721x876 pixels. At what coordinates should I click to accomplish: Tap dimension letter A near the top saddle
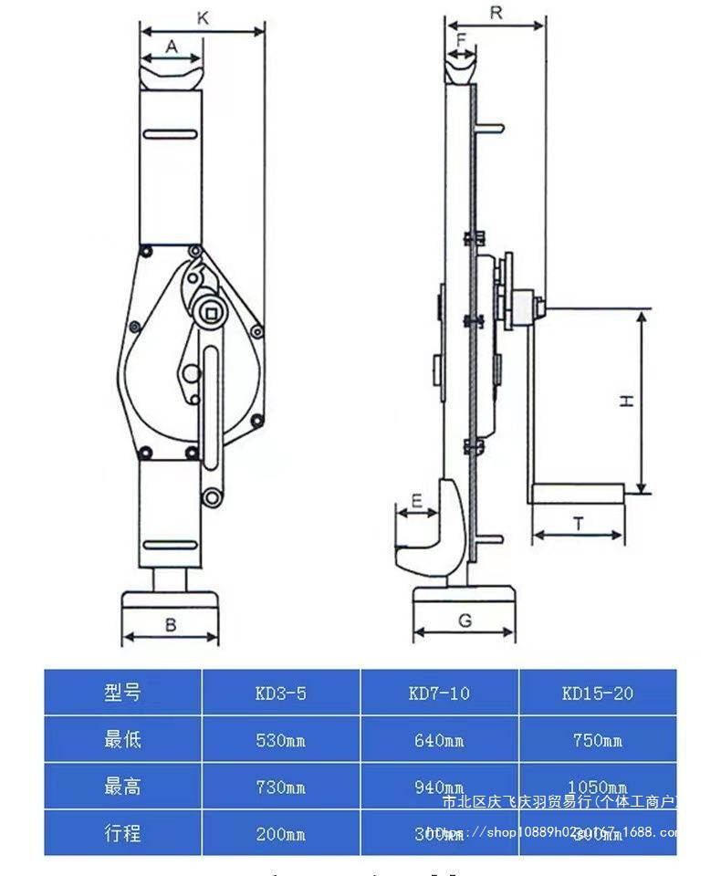171,47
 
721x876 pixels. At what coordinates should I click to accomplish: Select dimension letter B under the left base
171,624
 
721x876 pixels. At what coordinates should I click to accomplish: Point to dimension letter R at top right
496,12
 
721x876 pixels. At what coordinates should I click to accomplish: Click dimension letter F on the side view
461,40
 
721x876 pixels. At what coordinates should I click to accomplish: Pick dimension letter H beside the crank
627,401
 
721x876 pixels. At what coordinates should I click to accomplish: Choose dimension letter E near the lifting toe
416,500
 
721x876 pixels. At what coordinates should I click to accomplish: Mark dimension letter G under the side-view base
465,620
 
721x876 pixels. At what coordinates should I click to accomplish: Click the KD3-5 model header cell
280,693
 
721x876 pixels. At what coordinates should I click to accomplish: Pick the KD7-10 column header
439,693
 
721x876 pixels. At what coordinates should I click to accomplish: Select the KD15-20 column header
598,693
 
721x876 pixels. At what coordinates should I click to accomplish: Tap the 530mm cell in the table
280,740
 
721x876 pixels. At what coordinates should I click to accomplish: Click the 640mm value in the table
439,740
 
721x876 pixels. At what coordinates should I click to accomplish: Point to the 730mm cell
280,787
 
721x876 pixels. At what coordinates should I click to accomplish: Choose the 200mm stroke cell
280,833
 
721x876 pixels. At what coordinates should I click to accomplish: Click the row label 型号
122,693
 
